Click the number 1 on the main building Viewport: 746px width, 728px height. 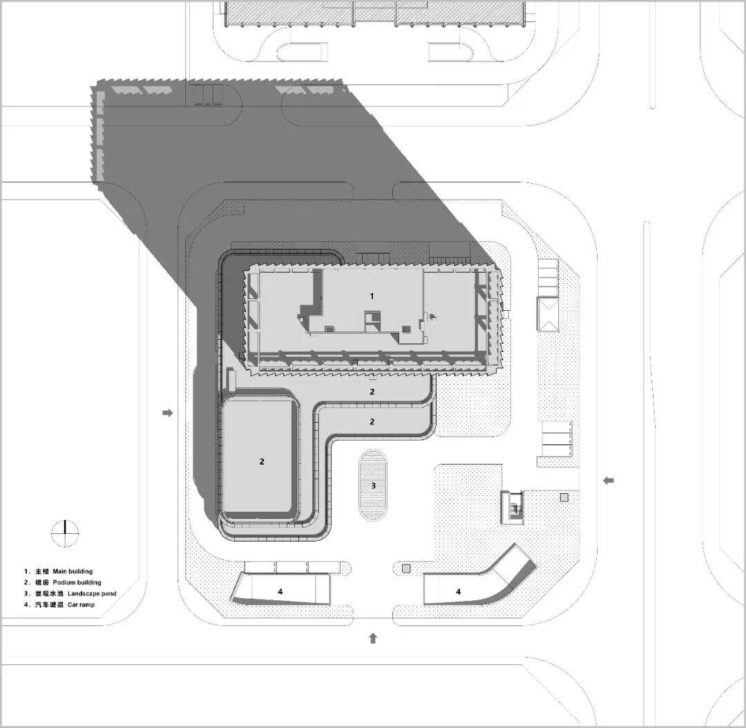click(x=372, y=296)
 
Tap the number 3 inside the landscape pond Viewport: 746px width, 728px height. click(x=374, y=486)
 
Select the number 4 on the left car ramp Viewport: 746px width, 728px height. click(x=280, y=591)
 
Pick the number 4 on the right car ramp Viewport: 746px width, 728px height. click(x=459, y=591)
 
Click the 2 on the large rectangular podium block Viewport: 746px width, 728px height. click(x=262, y=461)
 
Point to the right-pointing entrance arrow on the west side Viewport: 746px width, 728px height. click(x=167, y=412)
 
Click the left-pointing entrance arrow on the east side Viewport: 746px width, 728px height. click(x=609, y=481)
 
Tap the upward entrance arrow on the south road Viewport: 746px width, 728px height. click(x=373, y=638)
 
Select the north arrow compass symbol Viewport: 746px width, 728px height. click(x=65, y=533)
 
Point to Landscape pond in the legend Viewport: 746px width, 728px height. click(x=92, y=593)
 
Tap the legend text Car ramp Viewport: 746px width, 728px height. click(x=81, y=604)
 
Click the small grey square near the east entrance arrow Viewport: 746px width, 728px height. click(x=564, y=498)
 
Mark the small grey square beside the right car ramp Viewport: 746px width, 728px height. click(x=406, y=568)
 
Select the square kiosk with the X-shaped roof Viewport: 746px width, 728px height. click(x=548, y=314)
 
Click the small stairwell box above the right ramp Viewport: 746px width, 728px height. click(x=513, y=507)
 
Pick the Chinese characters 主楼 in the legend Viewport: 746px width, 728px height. click(x=42, y=571)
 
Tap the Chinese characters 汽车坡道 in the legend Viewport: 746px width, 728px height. click(x=50, y=604)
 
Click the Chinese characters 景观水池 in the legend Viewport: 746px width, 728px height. click(x=50, y=593)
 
